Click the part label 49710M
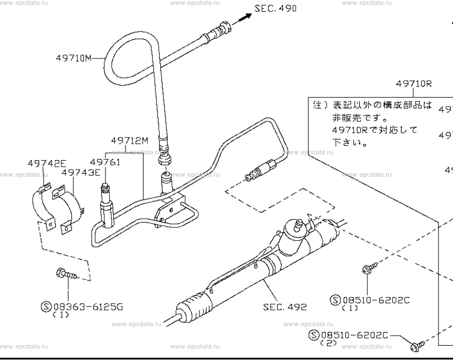click(73, 57)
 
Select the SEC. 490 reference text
click(275, 9)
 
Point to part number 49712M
click(129, 140)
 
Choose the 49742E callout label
click(47, 163)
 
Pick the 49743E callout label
click(81, 172)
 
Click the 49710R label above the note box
click(413, 84)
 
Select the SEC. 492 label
click(285, 306)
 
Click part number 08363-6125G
click(88, 305)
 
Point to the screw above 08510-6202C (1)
click(366, 269)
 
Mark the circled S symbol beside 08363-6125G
click(46, 305)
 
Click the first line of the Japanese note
click(372, 105)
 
